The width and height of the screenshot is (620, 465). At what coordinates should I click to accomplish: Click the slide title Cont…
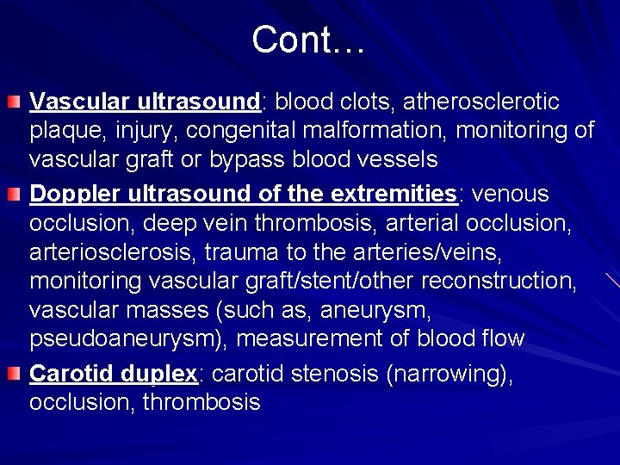[309, 40]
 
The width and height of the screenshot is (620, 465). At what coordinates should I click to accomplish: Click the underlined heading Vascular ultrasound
[145, 102]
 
